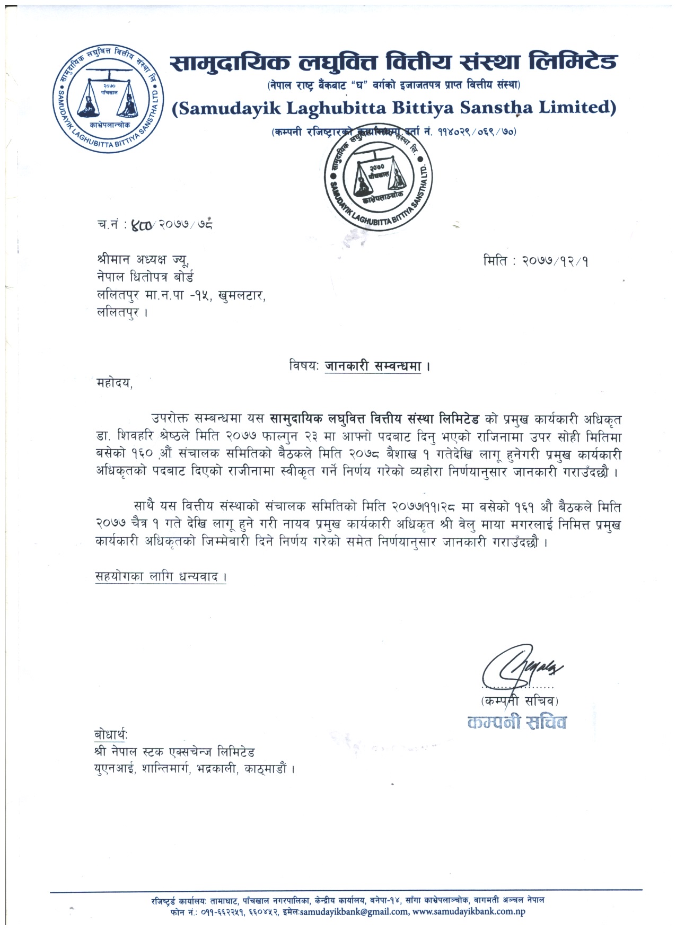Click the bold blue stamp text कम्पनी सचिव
coord(517,722)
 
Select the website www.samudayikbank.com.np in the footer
coord(469,911)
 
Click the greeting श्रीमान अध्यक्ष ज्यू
coord(143,260)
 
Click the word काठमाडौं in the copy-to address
coord(267,768)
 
